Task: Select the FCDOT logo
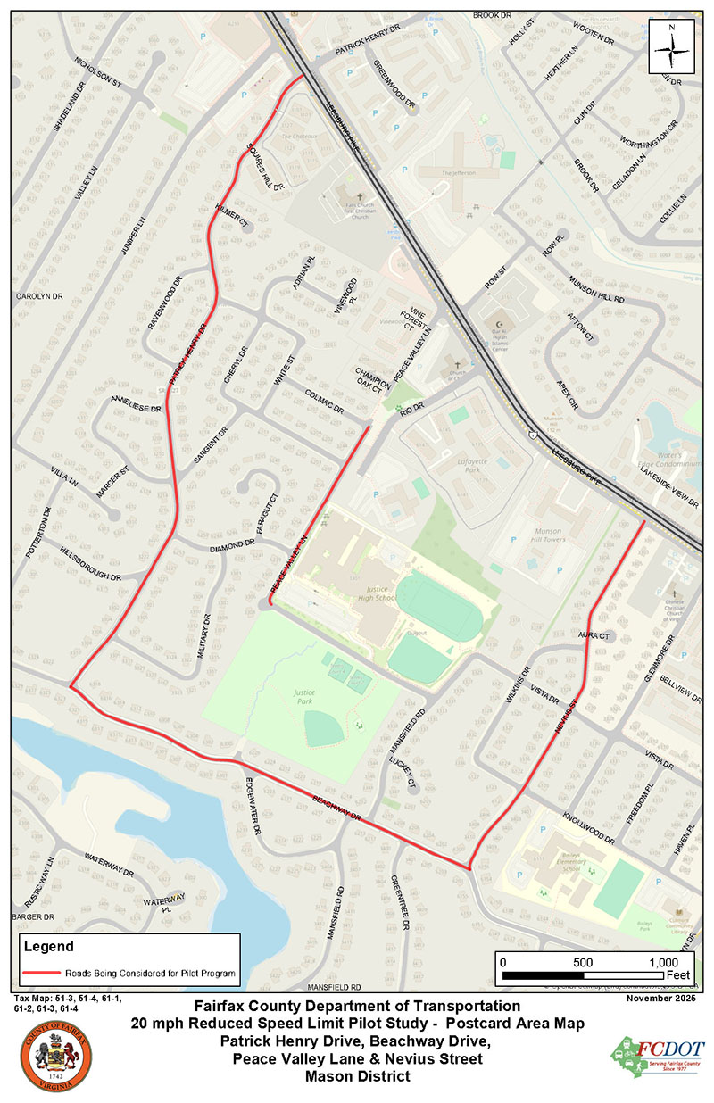pos(657,1057)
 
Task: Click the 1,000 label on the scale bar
pos(663,963)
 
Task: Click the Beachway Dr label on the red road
pos(336,806)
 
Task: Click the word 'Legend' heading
pos(48,946)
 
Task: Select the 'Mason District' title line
pos(357,1076)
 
